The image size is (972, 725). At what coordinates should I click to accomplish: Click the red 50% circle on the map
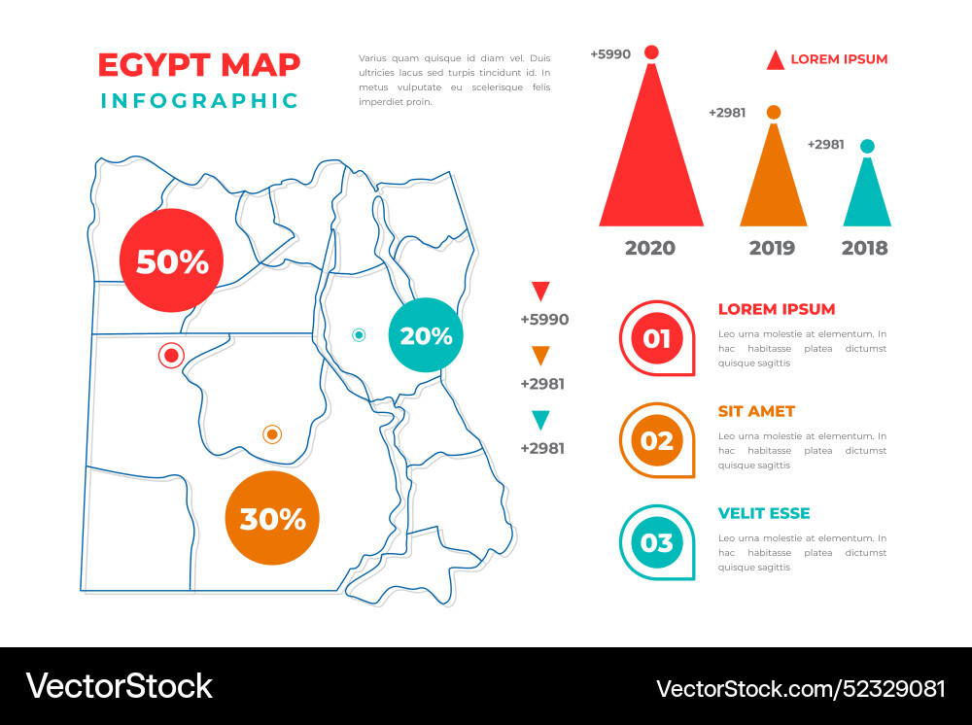pos(171,260)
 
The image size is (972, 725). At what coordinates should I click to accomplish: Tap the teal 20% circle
pos(426,335)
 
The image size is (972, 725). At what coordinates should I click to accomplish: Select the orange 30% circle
pos(272,518)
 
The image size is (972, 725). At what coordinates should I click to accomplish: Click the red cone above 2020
pos(651,155)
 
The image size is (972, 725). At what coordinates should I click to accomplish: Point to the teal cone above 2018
pos(867,194)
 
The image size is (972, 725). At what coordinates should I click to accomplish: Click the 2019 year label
pos(772,248)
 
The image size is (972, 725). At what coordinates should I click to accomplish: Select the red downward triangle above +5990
pos(541,291)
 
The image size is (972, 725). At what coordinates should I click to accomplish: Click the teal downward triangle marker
pos(541,420)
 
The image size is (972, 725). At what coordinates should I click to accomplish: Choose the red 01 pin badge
pos(657,338)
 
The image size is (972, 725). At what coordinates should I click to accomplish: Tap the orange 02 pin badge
pos(657,440)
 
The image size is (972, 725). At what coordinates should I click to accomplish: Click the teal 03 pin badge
pos(657,542)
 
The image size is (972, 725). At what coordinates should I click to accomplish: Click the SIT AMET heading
pos(756,411)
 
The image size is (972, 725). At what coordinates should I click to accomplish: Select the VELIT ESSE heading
pos(764,513)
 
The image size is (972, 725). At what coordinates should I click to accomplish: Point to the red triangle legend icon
pos(775,60)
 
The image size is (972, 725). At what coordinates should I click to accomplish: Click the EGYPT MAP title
pos(199,64)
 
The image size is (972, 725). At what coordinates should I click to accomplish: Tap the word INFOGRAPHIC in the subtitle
pos(200,100)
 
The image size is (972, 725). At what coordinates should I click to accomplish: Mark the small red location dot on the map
pos(171,356)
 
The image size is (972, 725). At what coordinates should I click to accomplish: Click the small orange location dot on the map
pos(272,433)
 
